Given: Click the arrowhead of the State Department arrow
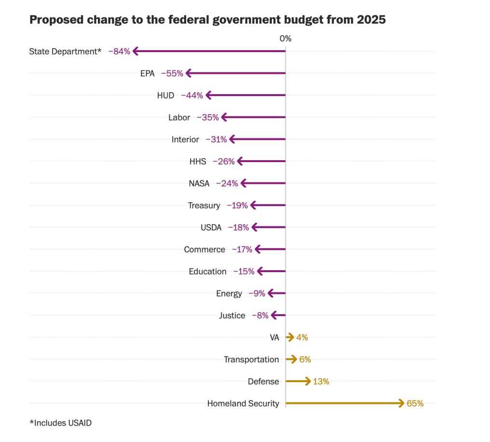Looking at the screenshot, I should [136, 51].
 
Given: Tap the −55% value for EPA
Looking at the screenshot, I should [172, 73].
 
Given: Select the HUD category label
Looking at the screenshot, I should [165, 96].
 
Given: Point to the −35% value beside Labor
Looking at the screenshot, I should [207, 117].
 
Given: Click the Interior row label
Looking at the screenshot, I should [185, 139].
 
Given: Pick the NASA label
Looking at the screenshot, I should [199, 183].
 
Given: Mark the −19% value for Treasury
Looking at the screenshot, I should [237, 206].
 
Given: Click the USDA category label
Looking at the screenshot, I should [211, 228].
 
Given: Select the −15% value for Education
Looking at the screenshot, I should [244, 272].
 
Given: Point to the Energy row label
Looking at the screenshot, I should [229, 293].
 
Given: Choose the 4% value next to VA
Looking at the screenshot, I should [302, 338].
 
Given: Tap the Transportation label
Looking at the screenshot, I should [251, 359].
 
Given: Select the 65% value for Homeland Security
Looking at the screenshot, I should [415, 403].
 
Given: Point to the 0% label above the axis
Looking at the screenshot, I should [286, 39].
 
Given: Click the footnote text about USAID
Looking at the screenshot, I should [60, 423].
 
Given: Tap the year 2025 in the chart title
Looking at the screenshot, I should [371, 20].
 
